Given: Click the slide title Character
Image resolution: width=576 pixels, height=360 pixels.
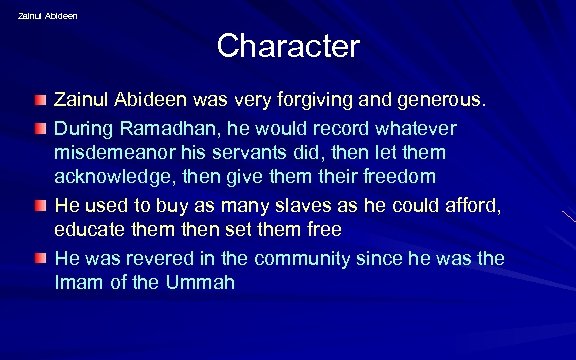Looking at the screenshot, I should [x=288, y=46].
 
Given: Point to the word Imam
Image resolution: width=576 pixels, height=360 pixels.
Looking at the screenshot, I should [x=76, y=283].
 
